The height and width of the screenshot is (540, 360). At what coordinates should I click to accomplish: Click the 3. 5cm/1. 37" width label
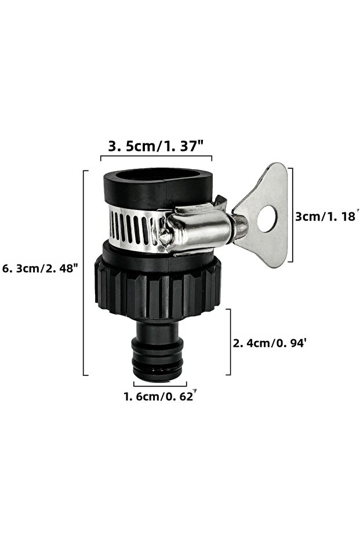[x=156, y=146]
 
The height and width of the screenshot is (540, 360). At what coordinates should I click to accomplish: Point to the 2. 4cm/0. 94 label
[x=270, y=343]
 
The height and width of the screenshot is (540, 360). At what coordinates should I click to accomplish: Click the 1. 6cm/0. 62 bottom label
[x=160, y=396]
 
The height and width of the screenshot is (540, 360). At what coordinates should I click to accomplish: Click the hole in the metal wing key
[x=267, y=219]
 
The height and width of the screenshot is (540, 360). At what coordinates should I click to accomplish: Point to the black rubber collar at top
[x=158, y=188]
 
